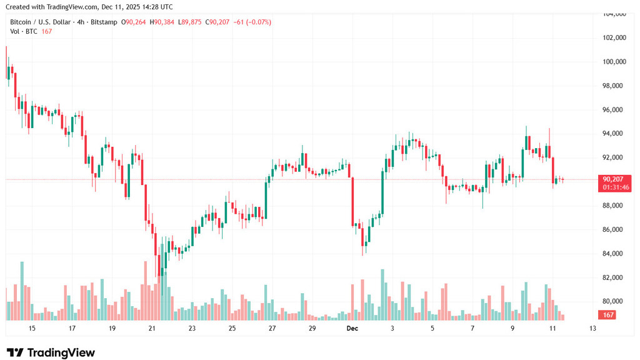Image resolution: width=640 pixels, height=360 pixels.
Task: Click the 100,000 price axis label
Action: [614, 62]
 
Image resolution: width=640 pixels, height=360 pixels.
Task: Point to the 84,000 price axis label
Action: [614, 254]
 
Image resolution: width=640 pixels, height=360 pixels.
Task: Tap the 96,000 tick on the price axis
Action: [614, 110]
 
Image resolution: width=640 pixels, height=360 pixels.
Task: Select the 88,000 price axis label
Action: [614, 206]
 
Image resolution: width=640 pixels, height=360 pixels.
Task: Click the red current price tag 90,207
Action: [612, 179]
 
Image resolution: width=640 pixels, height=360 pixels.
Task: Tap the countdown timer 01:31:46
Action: [616, 187]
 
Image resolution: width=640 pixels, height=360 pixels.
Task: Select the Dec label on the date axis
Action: [352, 328]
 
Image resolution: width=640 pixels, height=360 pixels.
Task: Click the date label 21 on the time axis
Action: [152, 328]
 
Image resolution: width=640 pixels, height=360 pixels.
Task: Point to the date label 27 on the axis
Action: [272, 328]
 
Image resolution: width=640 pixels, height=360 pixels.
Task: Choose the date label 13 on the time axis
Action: [592, 328]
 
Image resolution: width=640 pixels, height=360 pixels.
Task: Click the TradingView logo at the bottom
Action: [51, 352]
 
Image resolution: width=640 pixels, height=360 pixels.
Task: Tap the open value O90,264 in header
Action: [136, 22]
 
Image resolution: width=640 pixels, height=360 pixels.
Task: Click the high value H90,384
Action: [162, 22]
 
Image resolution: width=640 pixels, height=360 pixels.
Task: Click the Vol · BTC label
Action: [23, 31]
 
